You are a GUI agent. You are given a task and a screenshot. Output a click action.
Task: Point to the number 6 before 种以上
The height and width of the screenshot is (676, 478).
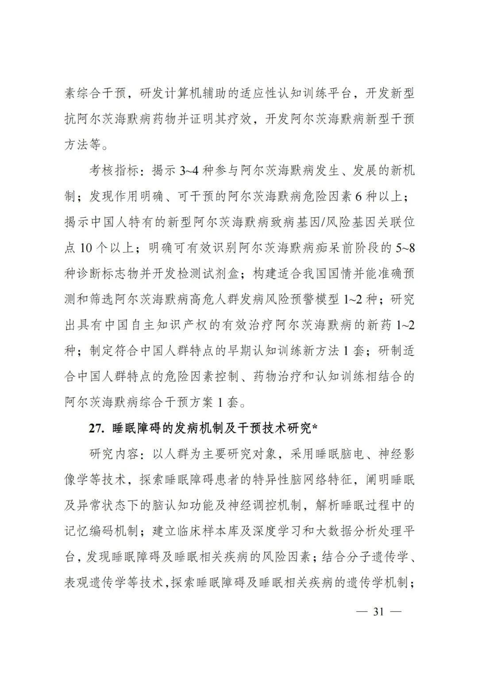[x=358, y=197]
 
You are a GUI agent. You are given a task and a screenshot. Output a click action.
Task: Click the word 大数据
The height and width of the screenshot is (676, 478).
[x=339, y=531]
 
